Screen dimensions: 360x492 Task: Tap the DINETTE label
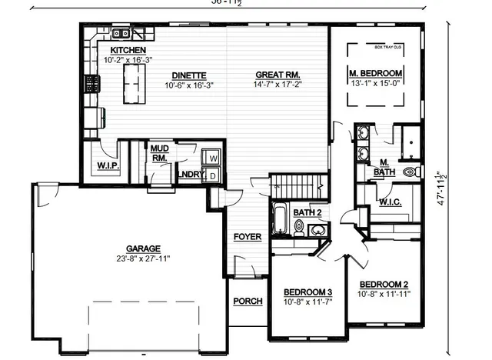point(188,75)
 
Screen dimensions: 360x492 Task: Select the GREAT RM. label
point(278,75)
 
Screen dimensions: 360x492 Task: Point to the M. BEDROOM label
point(376,74)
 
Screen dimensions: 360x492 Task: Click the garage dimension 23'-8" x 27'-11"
point(144,259)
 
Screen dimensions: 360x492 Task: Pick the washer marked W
point(213,158)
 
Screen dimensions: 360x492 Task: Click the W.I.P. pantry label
point(106,166)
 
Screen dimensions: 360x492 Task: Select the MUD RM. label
point(159,153)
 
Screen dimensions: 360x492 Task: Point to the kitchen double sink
point(121,34)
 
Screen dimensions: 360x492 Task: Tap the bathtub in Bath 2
point(281,221)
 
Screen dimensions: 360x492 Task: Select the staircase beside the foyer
point(296,185)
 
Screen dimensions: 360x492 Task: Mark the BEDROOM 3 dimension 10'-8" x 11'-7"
point(307,302)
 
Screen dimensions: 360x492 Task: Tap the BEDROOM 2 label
point(384,284)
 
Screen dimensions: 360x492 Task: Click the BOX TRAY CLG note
point(388,47)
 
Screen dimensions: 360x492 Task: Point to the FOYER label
point(248,236)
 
